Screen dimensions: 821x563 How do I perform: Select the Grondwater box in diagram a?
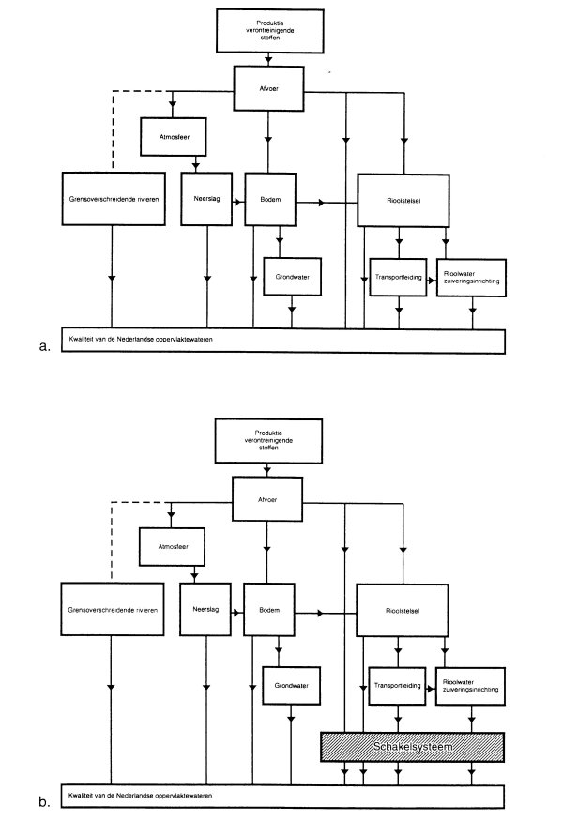(x=292, y=277)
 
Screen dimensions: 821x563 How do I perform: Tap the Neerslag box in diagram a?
(x=206, y=199)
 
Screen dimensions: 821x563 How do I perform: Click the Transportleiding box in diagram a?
(x=399, y=278)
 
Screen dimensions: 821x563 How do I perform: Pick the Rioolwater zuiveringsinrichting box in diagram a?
(x=472, y=278)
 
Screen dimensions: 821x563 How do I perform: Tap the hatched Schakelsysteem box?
(x=414, y=746)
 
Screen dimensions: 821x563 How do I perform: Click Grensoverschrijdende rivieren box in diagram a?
(x=112, y=199)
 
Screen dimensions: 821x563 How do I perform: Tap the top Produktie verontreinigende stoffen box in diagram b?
(x=269, y=440)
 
